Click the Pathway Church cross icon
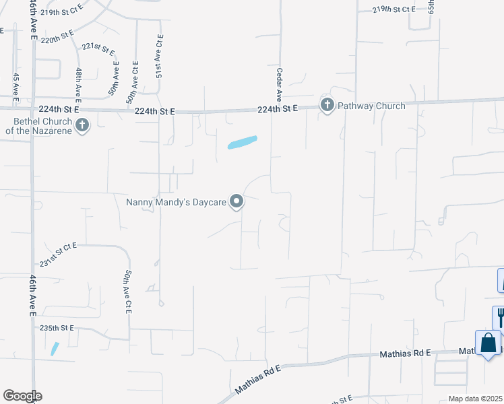[x=327, y=105]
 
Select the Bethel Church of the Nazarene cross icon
[x=82, y=125]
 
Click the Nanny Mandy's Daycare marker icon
[x=237, y=201]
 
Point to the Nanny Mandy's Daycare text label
[x=176, y=201]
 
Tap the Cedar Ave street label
[x=278, y=83]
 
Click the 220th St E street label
[x=57, y=37]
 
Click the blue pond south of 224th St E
[x=243, y=142]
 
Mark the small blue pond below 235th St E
[x=54, y=349]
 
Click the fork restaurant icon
[x=500, y=316]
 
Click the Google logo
[x=22, y=396]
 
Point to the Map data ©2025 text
[x=475, y=399]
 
